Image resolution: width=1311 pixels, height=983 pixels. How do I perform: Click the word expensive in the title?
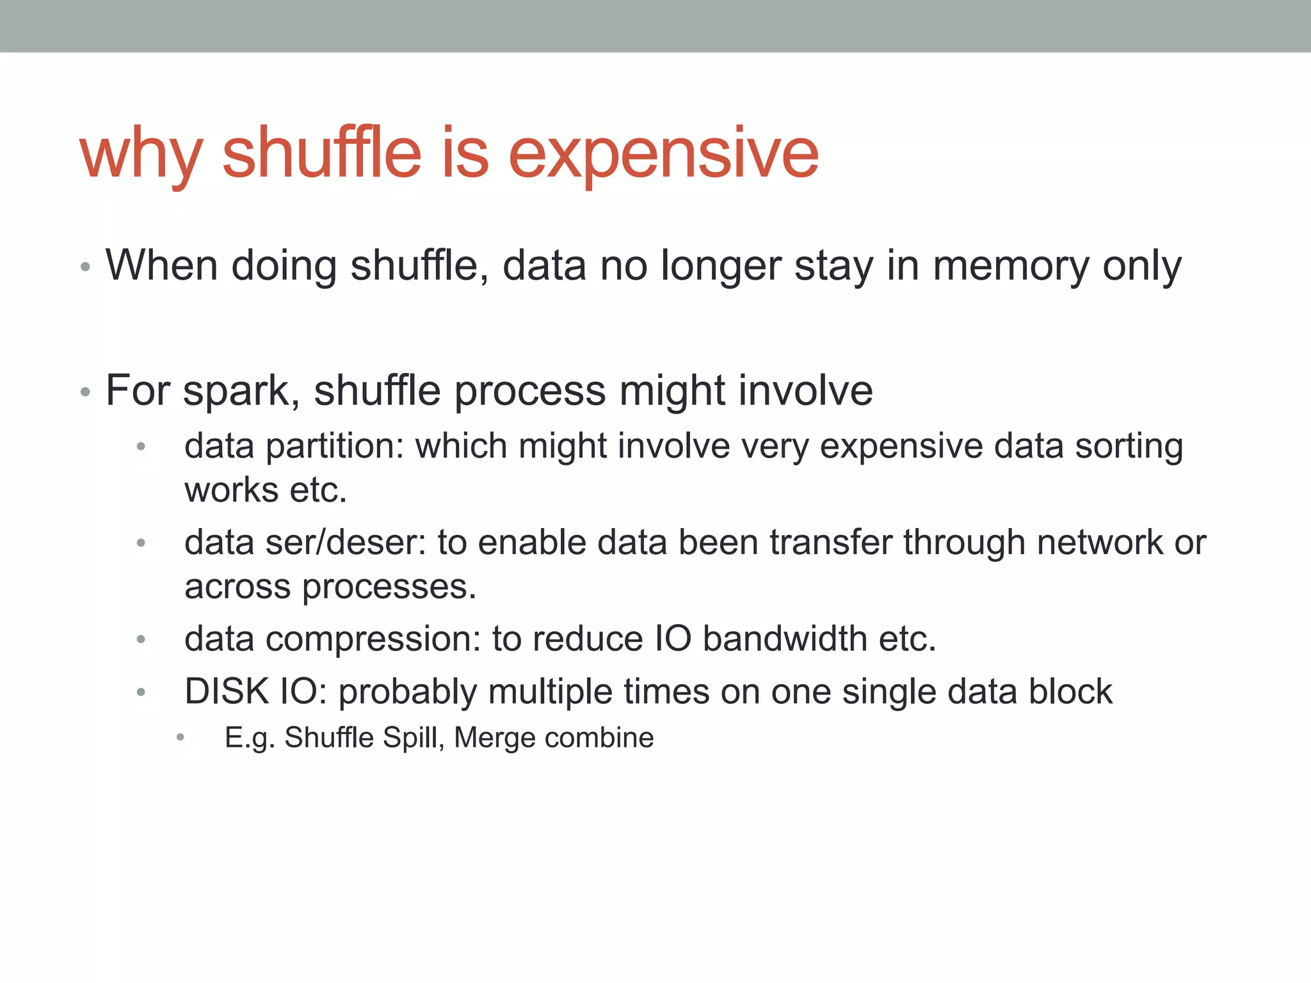coord(663,154)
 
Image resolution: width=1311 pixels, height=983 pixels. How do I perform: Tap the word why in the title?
coord(141,154)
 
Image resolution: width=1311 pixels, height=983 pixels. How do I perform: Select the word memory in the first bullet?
coord(1010,266)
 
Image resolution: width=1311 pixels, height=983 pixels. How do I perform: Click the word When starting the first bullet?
coord(161,266)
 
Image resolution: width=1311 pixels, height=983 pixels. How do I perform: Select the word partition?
coord(334,447)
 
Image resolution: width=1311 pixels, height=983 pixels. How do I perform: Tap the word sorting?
coord(1129,447)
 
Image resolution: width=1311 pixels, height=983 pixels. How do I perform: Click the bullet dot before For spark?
coord(85,392)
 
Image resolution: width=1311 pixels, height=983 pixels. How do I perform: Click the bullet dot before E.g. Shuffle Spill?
coord(181,738)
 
